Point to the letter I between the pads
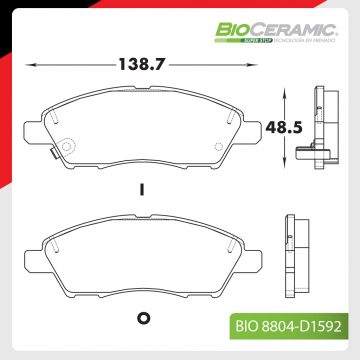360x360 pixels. (143, 188)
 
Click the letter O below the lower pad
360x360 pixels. (142, 319)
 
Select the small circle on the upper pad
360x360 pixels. (68, 146)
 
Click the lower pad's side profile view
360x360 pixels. (298, 255)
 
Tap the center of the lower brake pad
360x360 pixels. (144, 258)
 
